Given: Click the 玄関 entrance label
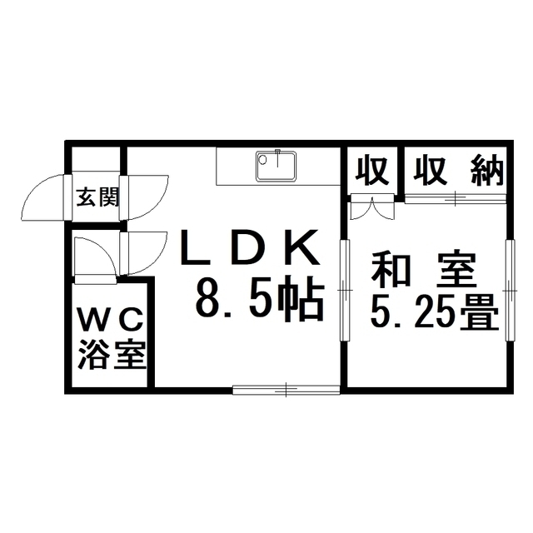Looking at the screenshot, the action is click(97, 197).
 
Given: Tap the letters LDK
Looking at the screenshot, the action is click(250, 247).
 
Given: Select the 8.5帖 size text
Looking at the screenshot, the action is click(259, 299).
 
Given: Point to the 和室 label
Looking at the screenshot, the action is click(423, 270).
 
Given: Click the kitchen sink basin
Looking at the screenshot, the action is click(276, 166).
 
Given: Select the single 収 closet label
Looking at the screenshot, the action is click(372, 170).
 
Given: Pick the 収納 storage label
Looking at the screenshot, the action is click(458, 170).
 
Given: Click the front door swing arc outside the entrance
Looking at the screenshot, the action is click(42, 197).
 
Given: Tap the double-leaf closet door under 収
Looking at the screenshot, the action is click(372, 207).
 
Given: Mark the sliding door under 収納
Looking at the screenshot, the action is click(456, 198).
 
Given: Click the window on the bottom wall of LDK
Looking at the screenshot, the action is click(286, 390).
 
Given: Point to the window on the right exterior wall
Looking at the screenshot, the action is click(510, 291).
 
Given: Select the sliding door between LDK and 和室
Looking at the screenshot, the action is click(345, 291).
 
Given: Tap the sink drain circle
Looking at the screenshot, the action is click(262, 159).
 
